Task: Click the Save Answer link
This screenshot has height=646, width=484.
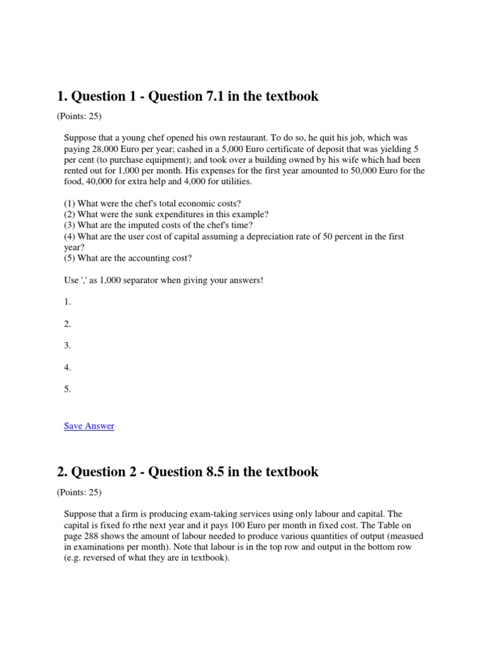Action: (x=89, y=426)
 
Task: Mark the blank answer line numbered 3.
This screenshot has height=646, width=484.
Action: (x=67, y=346)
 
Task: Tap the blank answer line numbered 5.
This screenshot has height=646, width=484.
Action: (x=67, y=389)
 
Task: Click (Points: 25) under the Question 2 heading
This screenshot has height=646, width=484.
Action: (x=79, y=492)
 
